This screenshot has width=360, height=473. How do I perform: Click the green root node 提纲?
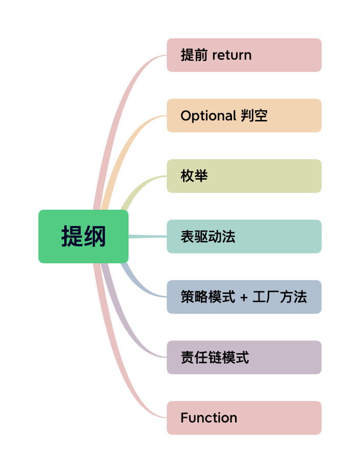point(83,236)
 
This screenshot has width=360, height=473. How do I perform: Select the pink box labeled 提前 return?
point(244,55)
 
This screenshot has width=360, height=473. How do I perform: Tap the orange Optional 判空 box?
point(244,115)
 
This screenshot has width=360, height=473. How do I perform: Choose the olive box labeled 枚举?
point(244,176)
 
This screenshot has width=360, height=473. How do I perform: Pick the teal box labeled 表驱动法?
point(244,236)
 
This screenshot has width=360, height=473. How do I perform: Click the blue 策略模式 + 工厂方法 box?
point(244,297)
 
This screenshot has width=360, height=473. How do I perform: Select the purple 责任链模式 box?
point(244,357)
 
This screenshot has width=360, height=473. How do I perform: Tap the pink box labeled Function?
point(244,418)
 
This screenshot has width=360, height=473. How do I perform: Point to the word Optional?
point(208,116)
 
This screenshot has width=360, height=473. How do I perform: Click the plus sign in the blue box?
point(243,297)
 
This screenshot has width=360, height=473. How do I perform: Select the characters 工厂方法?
point(279,297)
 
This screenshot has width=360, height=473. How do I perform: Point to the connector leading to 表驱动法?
point(148,236)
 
